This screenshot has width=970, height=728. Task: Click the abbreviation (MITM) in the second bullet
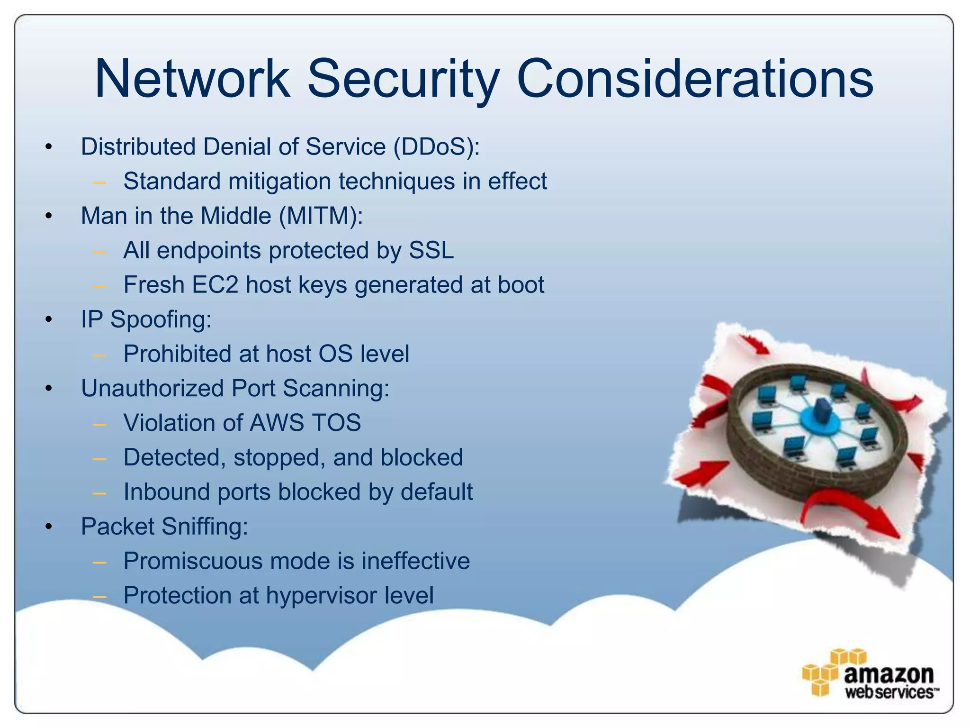[x=321, y=216]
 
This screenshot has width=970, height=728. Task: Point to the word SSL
[x=431, y=250]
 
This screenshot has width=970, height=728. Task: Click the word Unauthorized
[x=152, y=389]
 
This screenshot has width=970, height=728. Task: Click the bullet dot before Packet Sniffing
[x=48, y=527]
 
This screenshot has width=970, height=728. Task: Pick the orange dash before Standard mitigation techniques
[x=99, y=182]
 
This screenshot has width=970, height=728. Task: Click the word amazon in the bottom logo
[x=889, y=673]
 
